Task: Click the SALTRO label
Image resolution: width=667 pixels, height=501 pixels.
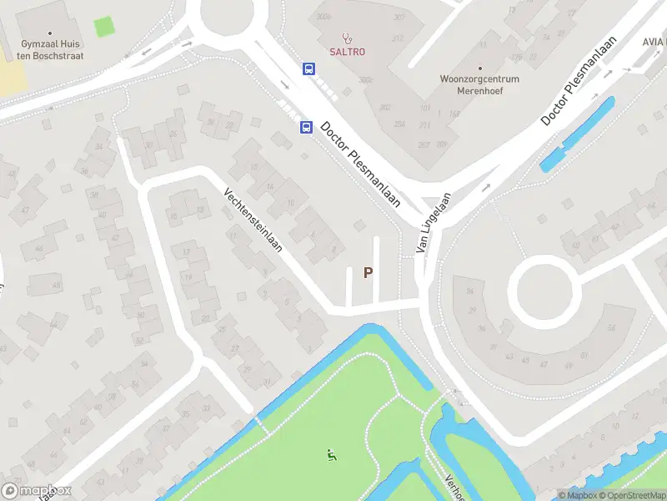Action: click(346, 52)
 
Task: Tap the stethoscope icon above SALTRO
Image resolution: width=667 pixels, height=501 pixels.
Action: click(346, 37)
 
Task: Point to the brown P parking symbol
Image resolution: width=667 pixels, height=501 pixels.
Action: click(368, 272)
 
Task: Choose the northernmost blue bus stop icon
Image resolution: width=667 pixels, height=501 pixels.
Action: click(308, 69)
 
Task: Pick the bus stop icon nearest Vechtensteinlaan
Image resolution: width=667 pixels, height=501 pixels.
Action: click(306, 128)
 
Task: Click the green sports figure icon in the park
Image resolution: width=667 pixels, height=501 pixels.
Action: click(331, 455)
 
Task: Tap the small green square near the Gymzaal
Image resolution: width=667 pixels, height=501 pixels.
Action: click(104, 27)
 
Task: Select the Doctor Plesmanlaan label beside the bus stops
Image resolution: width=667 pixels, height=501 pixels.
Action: click(361, 166)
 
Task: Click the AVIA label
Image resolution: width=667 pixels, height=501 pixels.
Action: click(654, 41)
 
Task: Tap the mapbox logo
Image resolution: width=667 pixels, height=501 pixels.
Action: click(37, 491)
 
